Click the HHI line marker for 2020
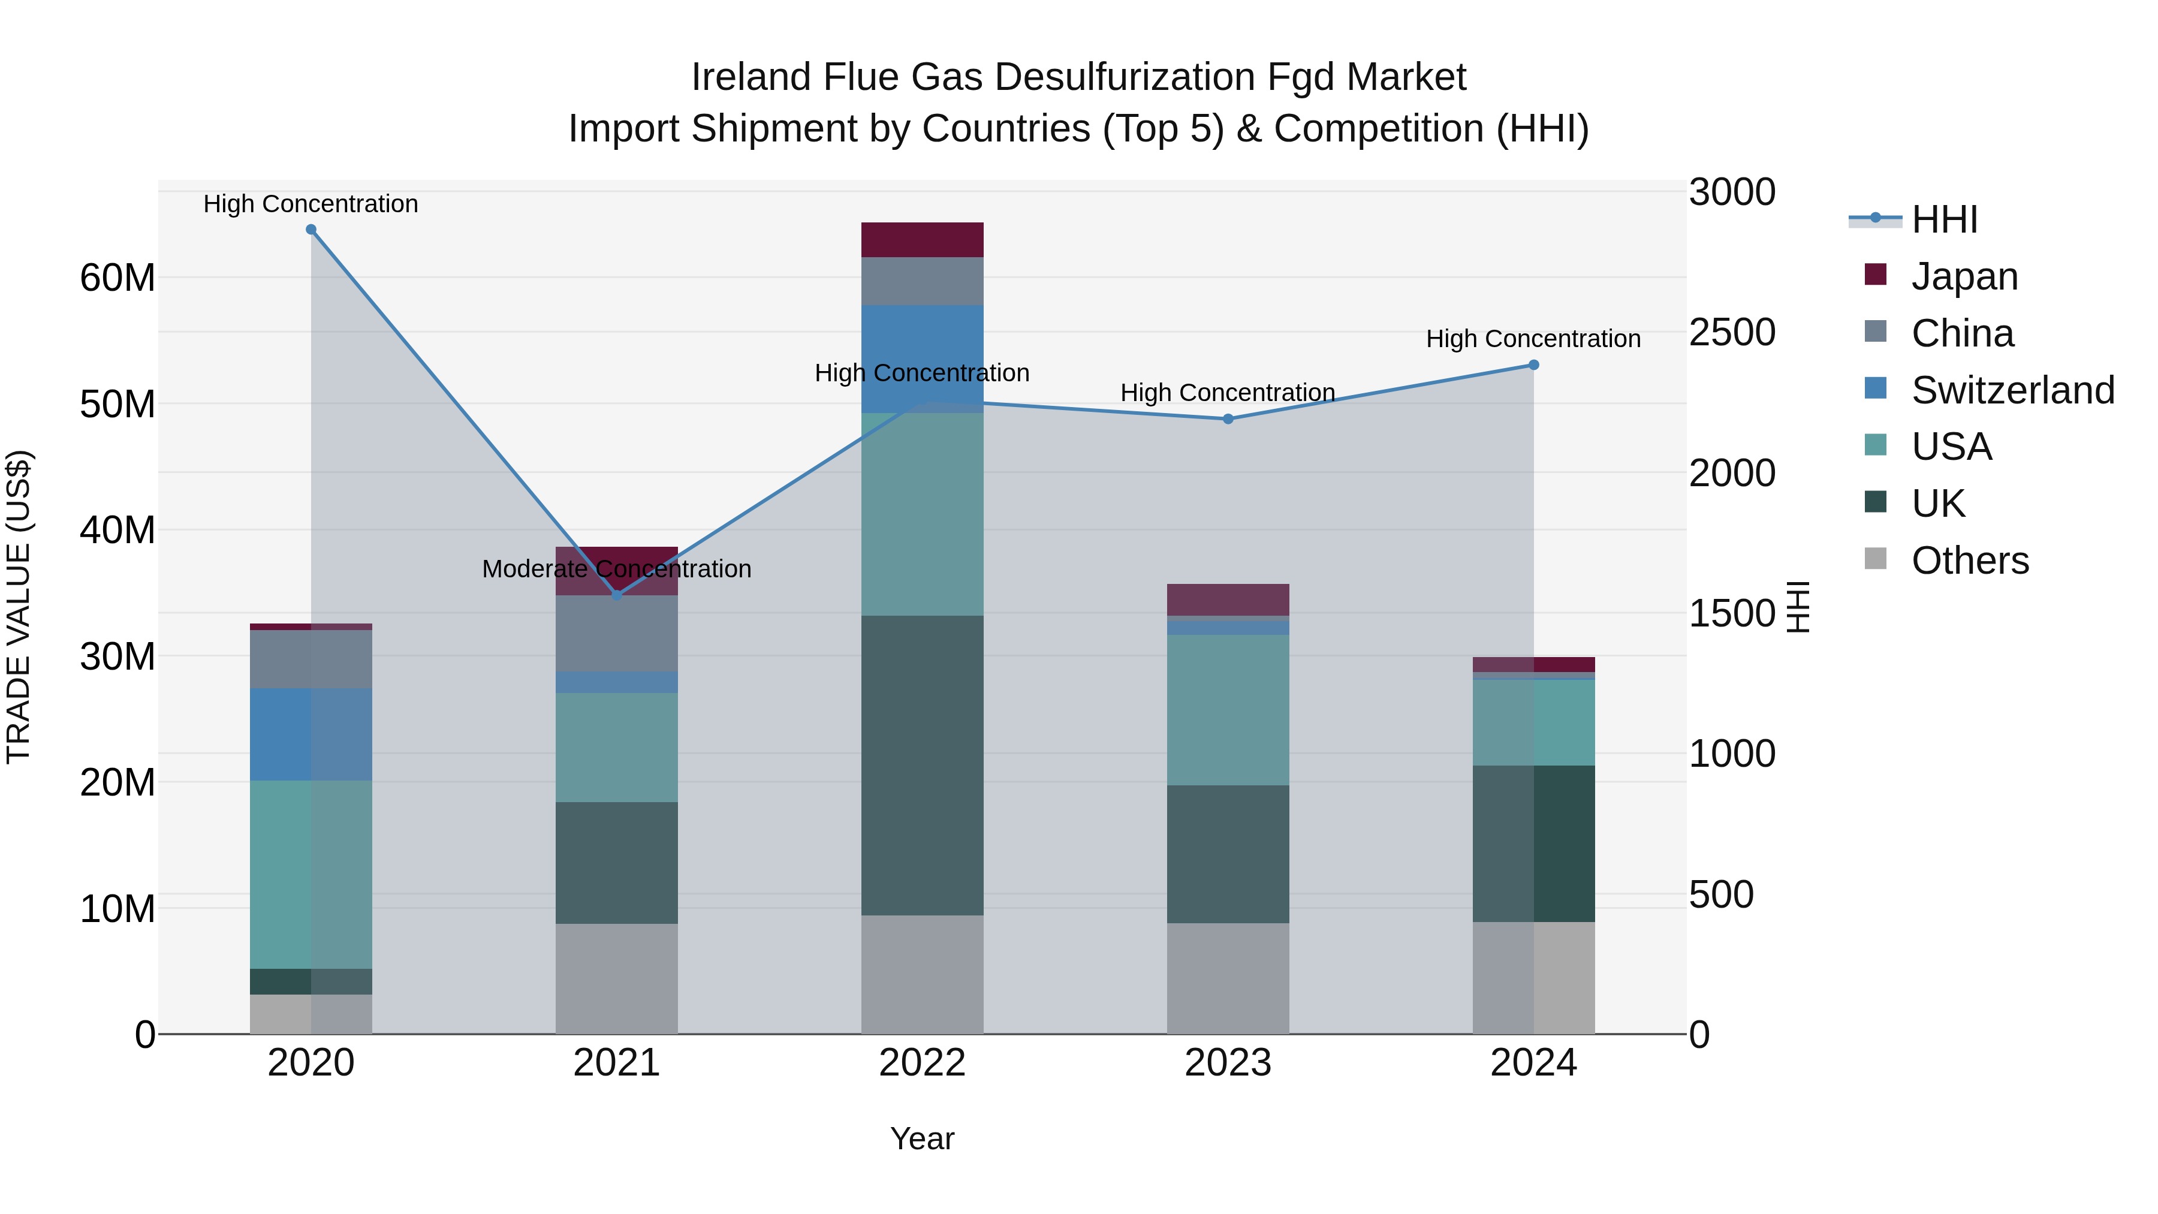(311, 230)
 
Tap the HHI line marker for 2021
(617, 595)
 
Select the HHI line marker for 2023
(1228, 419)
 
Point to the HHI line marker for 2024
(1534, 365)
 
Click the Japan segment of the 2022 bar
(923, 240)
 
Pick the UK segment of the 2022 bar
(923, 765)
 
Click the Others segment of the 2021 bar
(617, 978)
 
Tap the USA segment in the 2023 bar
(1228, 710)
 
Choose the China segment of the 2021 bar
(617, 634)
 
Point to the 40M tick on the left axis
(117, 531)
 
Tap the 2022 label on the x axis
(923, 1063)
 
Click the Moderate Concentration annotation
(617, 569)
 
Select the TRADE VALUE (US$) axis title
(19, 607)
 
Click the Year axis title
(923, 1138)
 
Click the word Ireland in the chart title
(751, 77)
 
